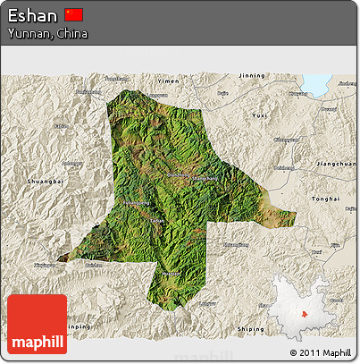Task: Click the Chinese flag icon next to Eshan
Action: click(x=74, y=14)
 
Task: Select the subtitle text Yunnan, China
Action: click(x=48, y=33)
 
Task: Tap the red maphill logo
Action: click(x=37, y=324)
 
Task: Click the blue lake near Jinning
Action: click(x=317, y=84)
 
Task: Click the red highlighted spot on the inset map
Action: click(x=304, y=313)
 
